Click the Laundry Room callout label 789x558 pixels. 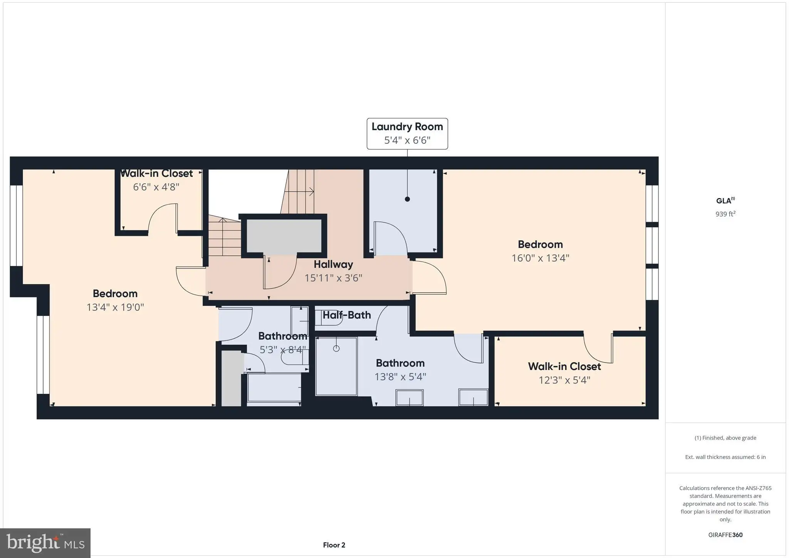[407, 133]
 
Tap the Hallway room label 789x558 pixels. [333, 264]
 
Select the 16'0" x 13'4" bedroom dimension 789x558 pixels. [540, 258]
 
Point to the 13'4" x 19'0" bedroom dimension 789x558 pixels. [115, 307]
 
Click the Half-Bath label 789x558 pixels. [347, 315]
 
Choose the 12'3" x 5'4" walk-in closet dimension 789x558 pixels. [564, 380]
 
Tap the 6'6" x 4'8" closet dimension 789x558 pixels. [156, 187]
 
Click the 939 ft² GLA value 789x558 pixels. [725, 214]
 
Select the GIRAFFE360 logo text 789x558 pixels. [725, 535]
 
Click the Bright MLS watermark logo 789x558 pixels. [45, 543]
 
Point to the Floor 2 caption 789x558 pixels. [334, 545]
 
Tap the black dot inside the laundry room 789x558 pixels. [407, 199]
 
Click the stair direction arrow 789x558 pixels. [299, 192]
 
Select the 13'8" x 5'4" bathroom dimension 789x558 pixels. [400, 376]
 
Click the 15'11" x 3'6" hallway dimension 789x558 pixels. [333, 278]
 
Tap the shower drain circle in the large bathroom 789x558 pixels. [336, 348]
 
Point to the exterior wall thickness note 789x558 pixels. [725, 457]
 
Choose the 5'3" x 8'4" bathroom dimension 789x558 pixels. [283, 350]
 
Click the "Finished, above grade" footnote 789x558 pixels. [725, 438]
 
